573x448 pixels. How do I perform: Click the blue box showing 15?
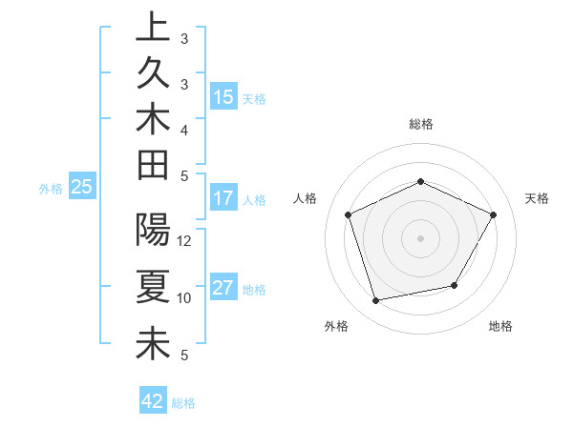click(223, 97)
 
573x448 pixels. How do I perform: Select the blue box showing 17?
click(223, 199)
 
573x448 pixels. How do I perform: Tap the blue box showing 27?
click(223, 289)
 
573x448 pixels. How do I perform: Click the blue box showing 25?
click(82, 188)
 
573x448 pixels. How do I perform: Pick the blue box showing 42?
click(153, 401)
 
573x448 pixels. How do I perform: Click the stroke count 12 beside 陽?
click(185, 241)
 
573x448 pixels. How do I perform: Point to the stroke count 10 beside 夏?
click(185, 298)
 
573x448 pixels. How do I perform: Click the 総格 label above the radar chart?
click(421, 124)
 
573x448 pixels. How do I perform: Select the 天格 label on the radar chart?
click(537, 198)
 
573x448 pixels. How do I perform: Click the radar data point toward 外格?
click(376, 301)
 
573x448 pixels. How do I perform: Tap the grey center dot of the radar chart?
click(421, 237)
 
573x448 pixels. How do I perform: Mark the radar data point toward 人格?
click(349, 214)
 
